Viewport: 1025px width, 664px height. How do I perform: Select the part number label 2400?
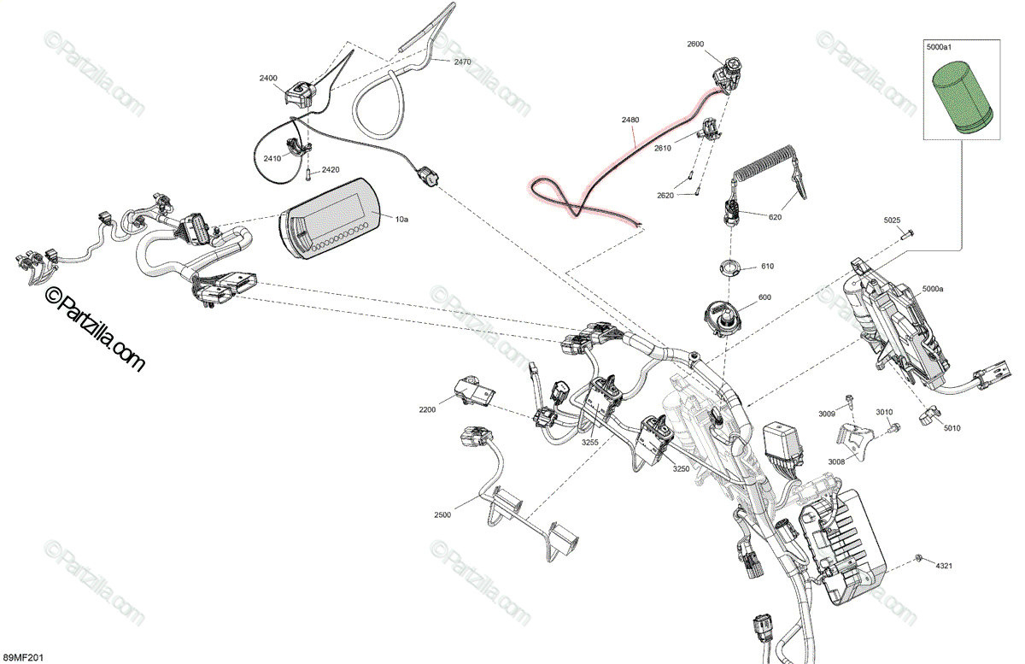pos(268,78)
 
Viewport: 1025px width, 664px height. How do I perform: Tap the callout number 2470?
pos(462,62)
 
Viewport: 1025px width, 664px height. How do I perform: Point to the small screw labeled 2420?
pos(306,176)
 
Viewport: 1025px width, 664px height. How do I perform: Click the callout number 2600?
pos(695,43)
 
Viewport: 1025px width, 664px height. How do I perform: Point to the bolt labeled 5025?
pos(907,232)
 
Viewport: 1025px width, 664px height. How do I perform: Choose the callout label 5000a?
pos(932,290)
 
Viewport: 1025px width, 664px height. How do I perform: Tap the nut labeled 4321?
pos(917,560)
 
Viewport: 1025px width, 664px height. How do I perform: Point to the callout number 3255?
pos(590,442)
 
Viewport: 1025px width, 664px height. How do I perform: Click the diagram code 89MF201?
pos(23,656)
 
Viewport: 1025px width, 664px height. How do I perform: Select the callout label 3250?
pos(681,468)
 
